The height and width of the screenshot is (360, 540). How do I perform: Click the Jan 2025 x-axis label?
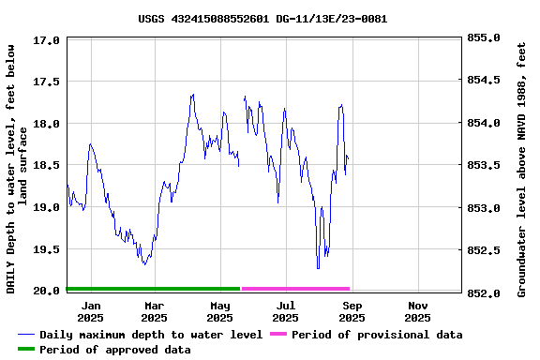click(x=91, y=311)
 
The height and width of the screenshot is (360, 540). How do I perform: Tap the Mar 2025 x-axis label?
click(x=154, y=311)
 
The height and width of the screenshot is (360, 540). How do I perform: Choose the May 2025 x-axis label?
click(x=220, y=311)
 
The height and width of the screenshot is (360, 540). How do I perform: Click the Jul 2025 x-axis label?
click(x=286, y=311)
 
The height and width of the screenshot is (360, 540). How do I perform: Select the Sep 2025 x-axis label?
click(x=352, y=311)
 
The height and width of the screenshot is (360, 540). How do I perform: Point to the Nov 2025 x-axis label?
click(x=418, y=311)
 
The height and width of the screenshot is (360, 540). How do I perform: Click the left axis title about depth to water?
click(x=17, y=167)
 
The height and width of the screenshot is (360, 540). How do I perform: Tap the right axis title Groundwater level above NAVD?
click(x=521, y=167)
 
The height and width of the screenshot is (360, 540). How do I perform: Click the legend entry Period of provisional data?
click(x=376, y=335)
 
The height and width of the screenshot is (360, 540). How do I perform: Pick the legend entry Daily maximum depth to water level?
click(x=150, y=335)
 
